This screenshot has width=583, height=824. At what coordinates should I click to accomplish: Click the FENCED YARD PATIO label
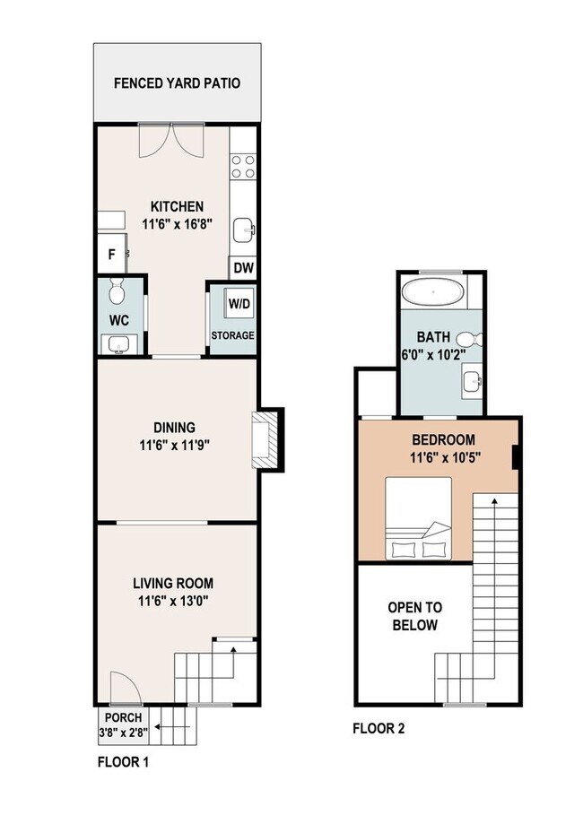coord(177,84)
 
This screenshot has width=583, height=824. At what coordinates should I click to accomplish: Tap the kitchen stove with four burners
coord(242,167)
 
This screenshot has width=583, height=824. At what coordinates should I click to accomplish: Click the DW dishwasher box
coord(242,267)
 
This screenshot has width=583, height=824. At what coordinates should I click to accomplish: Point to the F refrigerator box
coord(111,255)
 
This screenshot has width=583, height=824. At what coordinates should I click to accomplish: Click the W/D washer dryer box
coord(239,302)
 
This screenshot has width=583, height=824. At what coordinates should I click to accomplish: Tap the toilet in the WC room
coord(116,291)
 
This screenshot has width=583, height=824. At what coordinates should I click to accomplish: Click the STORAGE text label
coord(233,336)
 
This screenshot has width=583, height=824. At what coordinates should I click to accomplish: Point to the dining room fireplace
coord(266,440)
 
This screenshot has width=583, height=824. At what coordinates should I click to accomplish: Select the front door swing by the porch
coord(120,689)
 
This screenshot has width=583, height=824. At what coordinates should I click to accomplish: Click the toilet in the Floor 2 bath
coord(468,340)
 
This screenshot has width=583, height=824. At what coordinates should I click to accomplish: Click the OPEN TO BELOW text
coord(413,616)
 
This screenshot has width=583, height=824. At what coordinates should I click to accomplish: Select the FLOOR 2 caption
coord(378,729)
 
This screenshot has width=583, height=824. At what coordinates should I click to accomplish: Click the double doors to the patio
coord(176,141)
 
